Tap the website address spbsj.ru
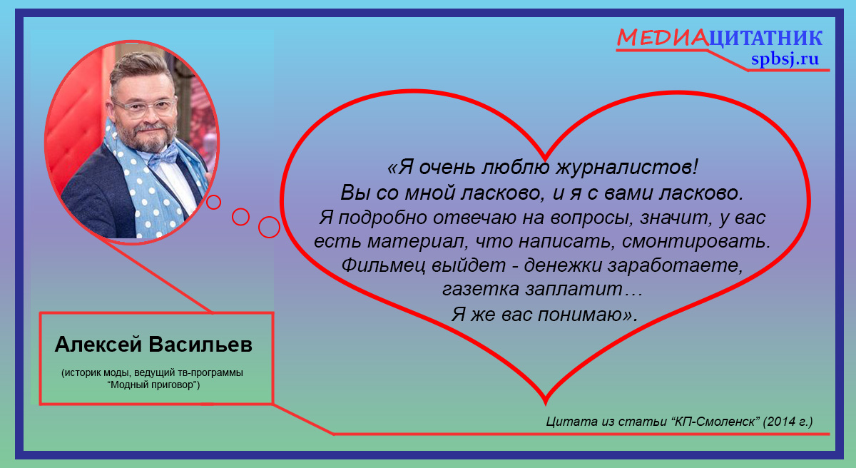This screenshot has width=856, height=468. (x=785, y=58)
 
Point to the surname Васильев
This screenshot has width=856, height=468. (x=200, y=345)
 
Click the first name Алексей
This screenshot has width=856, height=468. (x=98, y=345)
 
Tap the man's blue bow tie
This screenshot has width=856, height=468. (x=163, y=156)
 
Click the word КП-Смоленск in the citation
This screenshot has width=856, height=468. (x=718, y=422)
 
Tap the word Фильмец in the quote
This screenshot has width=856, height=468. (x=383, y=265)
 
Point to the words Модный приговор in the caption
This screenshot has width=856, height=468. (x=153, y=385)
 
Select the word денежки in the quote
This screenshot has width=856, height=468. (x=563, y=265)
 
